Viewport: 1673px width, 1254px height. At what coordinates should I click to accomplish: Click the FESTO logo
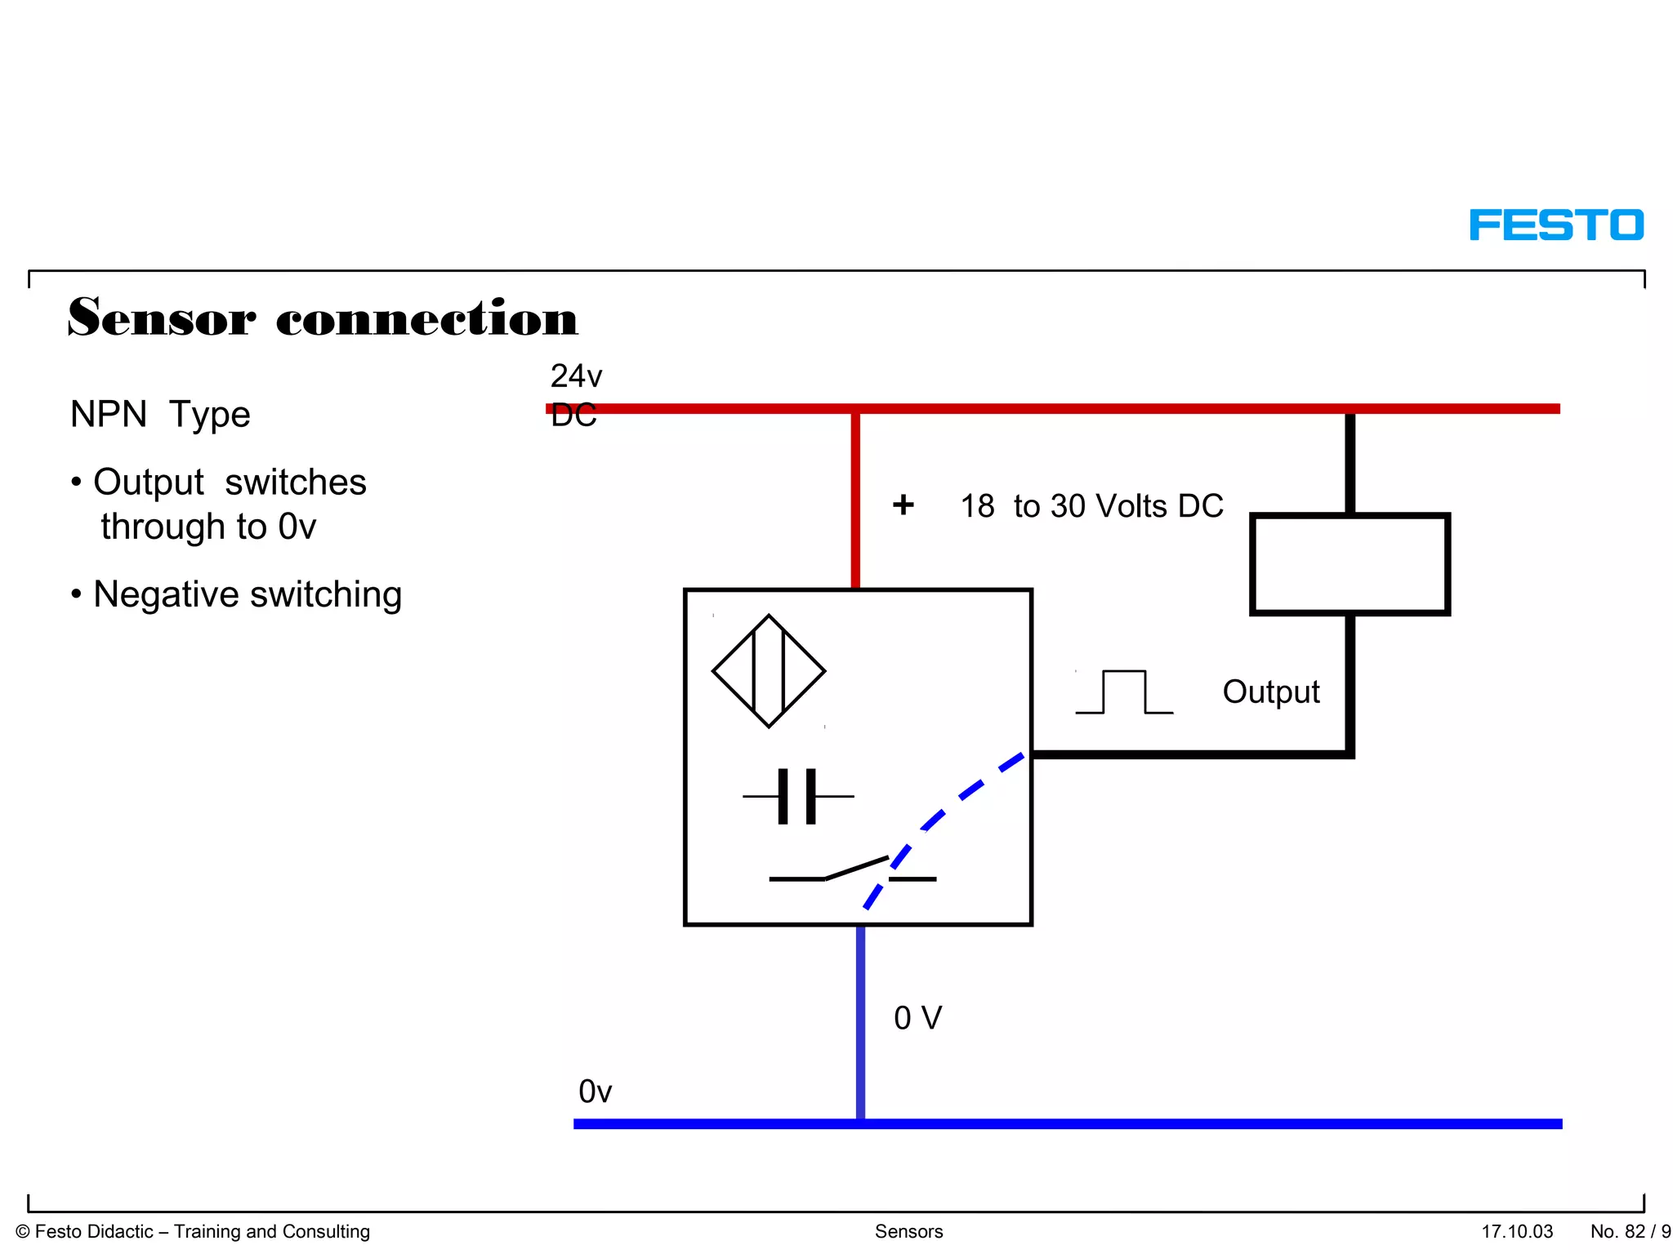1556,225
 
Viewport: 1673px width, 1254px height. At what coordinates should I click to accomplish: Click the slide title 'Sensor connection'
323,318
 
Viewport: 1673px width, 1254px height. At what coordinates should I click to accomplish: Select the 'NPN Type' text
160,415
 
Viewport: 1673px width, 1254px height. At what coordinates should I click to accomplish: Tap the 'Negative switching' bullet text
247,594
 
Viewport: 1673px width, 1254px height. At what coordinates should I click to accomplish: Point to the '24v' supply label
576,376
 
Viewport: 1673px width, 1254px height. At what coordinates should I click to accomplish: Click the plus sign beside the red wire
903,505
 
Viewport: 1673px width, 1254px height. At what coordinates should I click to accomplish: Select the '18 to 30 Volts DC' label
1091,506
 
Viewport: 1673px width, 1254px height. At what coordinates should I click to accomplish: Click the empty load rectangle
1350,564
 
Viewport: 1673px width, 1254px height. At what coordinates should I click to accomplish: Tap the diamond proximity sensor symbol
769,671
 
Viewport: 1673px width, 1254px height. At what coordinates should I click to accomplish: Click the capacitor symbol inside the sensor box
797,796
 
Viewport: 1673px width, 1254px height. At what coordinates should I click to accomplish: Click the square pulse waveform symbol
1124,692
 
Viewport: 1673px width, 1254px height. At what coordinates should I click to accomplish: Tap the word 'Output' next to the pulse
1271,692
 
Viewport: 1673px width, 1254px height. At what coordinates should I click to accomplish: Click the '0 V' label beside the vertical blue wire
917,1018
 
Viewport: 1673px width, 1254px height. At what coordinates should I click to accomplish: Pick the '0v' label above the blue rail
595,1092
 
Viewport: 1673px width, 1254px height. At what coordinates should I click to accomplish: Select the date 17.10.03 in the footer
1517,1231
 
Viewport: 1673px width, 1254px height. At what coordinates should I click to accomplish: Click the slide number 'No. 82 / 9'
1630,1231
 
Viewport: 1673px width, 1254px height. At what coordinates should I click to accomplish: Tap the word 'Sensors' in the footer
908,1231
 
